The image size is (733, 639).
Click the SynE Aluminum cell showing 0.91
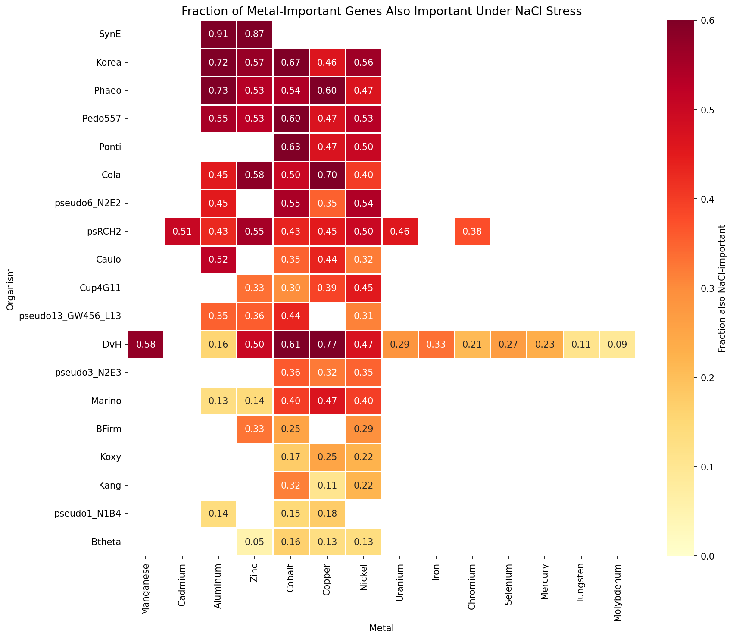point(218,34)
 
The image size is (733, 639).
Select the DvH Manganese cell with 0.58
point(146,345)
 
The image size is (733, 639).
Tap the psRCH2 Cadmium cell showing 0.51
point(182,232)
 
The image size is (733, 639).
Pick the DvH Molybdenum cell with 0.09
point(618,345)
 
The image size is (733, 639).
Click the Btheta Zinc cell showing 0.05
point(255,542)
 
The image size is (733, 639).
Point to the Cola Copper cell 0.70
point(327,175)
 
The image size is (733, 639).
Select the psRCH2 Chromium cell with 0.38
point(473,232)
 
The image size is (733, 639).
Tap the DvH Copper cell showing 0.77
point(327,345)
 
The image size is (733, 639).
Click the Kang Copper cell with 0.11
point(327,486)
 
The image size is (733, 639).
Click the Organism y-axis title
point(10,288)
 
